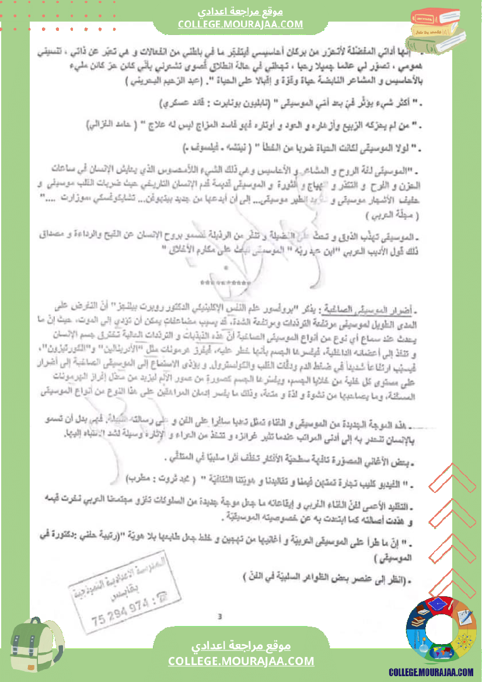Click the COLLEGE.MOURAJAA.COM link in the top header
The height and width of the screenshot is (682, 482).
point(240,24)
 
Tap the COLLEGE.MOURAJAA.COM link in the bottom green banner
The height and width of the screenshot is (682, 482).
point(241,661)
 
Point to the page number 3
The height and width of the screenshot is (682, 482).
point(219,616)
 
